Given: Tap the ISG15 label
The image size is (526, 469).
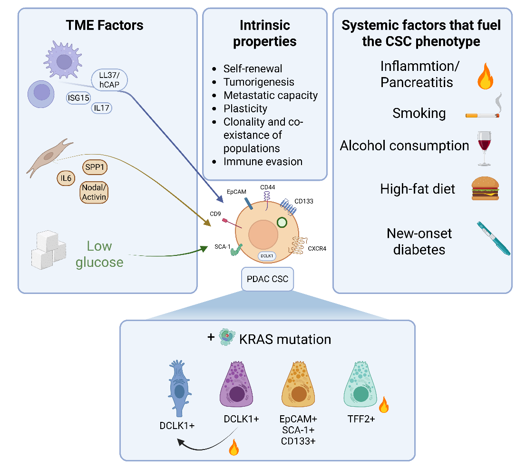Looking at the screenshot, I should (x=78, y=98).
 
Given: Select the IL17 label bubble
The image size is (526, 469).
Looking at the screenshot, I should (x=102, y=108).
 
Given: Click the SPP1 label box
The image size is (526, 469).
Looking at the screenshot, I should (x=95, y=167).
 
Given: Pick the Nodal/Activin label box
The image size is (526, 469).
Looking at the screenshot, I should (x=94, y=192).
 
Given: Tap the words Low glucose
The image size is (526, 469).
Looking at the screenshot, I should (x=99, y=254).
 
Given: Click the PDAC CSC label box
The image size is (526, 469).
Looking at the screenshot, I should (x=268, y=279).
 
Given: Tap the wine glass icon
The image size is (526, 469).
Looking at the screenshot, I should (x=484, y=148).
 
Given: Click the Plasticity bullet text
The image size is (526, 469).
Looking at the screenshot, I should (x=245, y=108).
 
